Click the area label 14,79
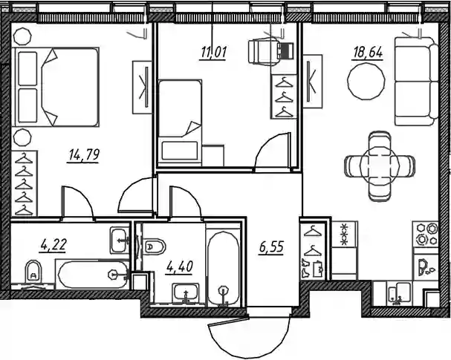coord(84,155)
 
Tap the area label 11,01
coord(214,53)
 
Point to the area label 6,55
coord(271,247)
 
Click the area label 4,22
coord(53,245)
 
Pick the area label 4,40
coord(180,267)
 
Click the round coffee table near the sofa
coord(366,82)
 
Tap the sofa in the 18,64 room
coord(416,82)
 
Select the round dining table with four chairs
coord(380,166)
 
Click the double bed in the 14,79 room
coord(56,87)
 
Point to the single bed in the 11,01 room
coord(180,123)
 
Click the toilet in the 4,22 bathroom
coord(33,272)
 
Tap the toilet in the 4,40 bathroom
coord(155,246)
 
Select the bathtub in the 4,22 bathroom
coord(93,275)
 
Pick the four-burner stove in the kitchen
coord(426,234)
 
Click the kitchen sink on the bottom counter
coord(399,293)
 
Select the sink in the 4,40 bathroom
coord(186,292)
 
